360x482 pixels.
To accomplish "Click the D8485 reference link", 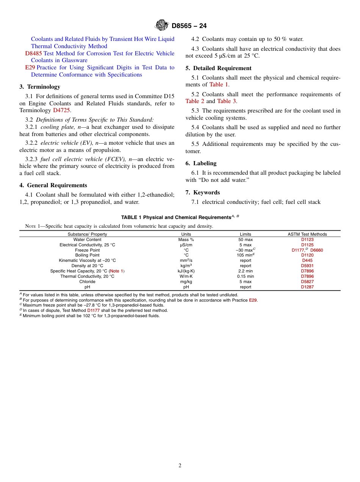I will (33, 53).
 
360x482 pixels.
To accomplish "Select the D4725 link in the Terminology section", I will (61, 110).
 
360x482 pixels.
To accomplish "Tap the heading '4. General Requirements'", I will (53, 185).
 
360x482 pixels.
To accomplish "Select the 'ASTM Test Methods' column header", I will (307, 234).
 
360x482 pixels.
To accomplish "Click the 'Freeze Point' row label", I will (87, 250).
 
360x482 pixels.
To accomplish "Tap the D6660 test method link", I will (316, 250).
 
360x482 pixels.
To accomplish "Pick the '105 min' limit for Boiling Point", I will (244, 255).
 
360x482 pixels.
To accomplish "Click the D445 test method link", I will (307, 260).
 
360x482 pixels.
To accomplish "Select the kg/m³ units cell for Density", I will (186, 266).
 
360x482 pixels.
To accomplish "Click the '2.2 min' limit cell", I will (245, 271).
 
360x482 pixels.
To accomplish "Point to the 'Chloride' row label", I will (87, 282).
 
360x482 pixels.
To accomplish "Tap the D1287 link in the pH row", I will (307, 287).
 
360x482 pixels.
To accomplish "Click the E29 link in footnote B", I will (253, 300).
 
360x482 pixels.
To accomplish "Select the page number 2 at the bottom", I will (180, 466).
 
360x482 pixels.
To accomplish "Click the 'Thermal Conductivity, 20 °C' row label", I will (87, 276).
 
